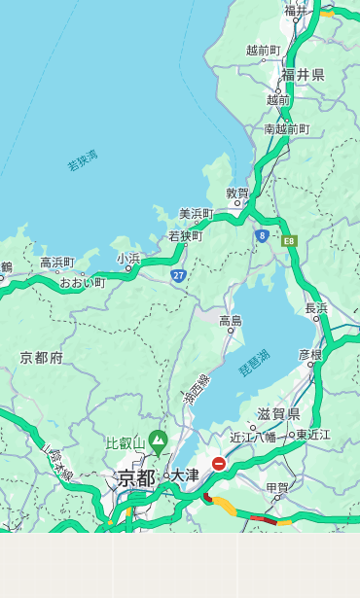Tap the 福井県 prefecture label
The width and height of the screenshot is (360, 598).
[x=303, y=75]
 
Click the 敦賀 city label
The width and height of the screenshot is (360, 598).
[x=237, y=193]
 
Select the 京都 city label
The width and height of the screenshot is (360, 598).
[x=136, y=477]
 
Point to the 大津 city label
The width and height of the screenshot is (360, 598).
[x=184, y=476]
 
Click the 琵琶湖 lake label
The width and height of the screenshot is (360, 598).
[x=254, y=364]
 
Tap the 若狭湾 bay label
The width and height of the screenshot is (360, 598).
[x=83, y=160]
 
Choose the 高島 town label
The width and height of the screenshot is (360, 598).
[x=231, y=321]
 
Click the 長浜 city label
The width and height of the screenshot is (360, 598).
[x=317, y=308]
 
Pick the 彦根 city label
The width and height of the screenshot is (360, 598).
[x=310, y=355]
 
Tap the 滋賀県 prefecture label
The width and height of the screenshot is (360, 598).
[x=279, y=414]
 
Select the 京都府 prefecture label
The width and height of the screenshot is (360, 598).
[x=42, y=358]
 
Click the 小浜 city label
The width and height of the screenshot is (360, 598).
[x=128, y=259]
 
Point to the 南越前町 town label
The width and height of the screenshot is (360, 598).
[x=287, y=129]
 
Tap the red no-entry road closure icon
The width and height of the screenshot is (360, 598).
[x=219, y=464]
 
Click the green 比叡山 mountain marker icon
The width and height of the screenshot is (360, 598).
[x=158, y=444]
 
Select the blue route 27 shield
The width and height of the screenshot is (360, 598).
[x=178, y=276]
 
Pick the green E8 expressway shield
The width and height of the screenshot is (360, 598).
[x=289, y=240]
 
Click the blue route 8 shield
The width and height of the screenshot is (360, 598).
[x=262, y=234]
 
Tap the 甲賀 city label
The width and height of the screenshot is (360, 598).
[x=277, y=488]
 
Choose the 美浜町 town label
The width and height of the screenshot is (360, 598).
[x=196, y=214]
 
